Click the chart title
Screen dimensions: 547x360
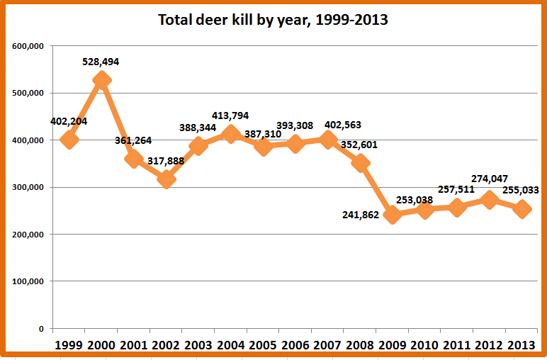[x=273, y=20]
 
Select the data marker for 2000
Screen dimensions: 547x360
[x=101, y=80]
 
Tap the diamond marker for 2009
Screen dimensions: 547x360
[x=393, y=215]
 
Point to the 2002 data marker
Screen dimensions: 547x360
[x=167, y=179]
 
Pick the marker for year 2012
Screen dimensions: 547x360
[x=490, y=200]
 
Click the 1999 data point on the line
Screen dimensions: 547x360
[x=69, y=140]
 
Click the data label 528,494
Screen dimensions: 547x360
[x=101, y=62]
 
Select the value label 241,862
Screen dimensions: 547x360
[x=361, y=215]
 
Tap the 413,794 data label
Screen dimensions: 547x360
[x=230, y=116]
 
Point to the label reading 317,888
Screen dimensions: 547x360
[x=166, y=161]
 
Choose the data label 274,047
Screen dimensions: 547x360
[x=490, y=179]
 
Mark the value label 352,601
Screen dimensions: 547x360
[x=359, y=145]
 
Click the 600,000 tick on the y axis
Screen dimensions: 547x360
[x=28, y=46]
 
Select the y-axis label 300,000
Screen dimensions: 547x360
[x=28, y=187]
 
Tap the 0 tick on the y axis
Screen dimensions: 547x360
[x=42, y=329]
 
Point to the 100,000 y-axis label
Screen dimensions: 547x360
[x=28, y=281]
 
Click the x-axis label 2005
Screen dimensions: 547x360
[x=263, y=345]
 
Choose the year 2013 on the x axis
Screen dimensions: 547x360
[x=521, y=345]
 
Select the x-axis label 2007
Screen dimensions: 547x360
[x=327, y=345]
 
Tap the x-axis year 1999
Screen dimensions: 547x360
[x=69, y=345]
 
